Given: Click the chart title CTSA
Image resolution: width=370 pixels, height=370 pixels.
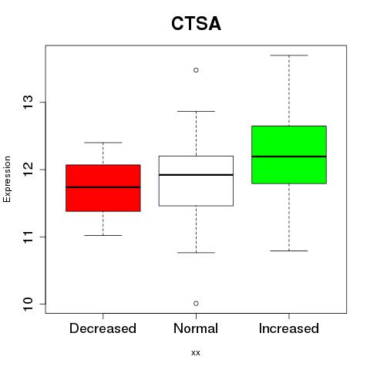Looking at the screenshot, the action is click(196, 24).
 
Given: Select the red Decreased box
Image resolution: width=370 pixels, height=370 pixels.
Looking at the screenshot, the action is click(103, 188).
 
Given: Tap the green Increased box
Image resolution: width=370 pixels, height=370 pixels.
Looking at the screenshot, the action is click(289, 155).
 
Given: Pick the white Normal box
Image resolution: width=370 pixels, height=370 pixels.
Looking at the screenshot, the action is click(196, 181).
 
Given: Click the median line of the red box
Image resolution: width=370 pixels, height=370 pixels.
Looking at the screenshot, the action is click(103, 187).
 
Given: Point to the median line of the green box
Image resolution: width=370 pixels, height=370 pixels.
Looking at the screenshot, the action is click(289, 156).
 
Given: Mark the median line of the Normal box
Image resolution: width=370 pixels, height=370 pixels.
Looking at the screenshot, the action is click(196, 175).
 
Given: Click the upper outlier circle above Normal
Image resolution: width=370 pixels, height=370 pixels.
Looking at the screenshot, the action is click(196, 70).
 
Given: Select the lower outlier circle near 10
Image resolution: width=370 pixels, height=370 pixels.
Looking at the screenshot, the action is click(196, 304).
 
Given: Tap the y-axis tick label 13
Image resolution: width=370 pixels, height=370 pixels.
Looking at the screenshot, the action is click(29, 103).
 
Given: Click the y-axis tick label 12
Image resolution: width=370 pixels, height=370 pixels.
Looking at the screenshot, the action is click(29, 170).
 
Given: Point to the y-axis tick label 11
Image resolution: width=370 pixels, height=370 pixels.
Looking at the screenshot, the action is click(29, 237).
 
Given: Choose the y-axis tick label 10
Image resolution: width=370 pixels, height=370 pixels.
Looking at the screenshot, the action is click(29, 304).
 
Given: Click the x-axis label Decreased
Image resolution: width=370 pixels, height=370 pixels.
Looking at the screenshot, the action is click(103, 328).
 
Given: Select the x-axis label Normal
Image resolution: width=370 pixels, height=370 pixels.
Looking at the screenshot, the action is click(196, 328).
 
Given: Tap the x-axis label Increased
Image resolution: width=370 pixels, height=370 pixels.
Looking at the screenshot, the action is click(289, 328).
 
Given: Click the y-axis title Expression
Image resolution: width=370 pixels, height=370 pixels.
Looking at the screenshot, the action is click(7, 179).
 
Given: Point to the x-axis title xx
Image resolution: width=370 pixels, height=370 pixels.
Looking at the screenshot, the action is click(196, 353).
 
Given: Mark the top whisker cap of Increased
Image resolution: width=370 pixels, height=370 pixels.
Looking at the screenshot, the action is click(289, 55).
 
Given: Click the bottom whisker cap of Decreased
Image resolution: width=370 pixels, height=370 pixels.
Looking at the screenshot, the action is click(103, 235).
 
